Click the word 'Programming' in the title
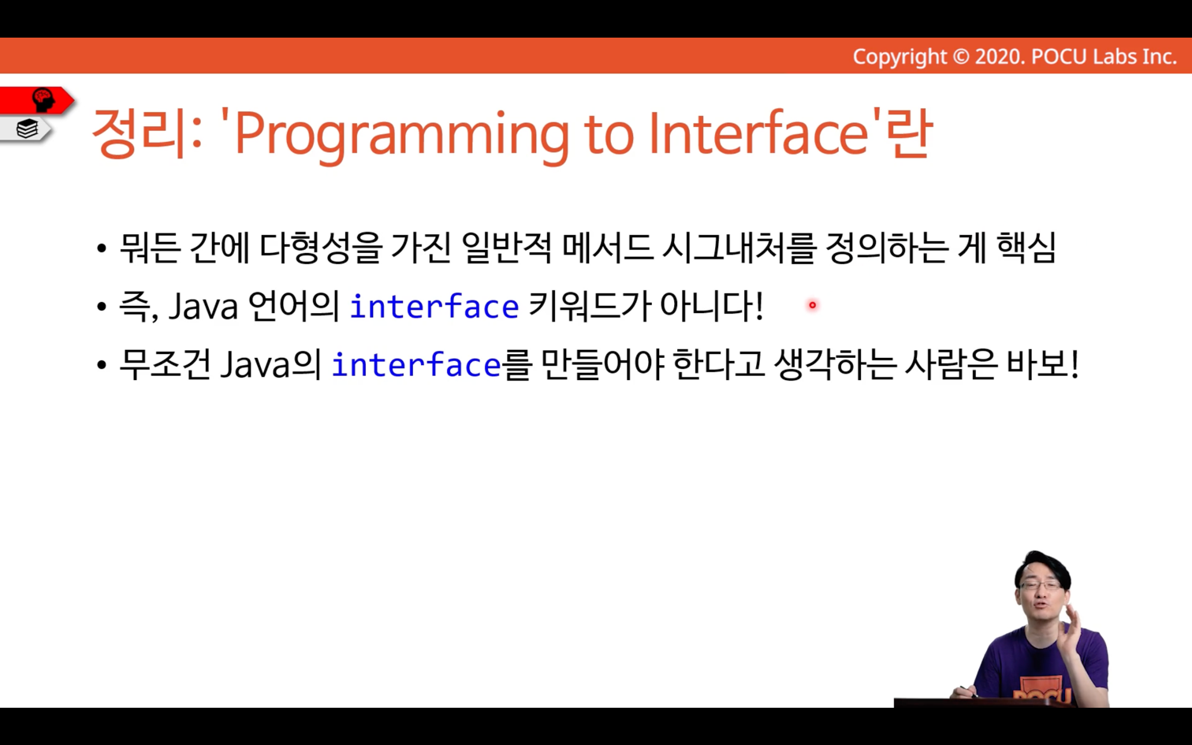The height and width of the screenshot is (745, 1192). (402, 135)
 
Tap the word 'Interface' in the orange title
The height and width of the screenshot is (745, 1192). (759, 132)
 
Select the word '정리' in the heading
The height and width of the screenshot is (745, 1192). (140, 133)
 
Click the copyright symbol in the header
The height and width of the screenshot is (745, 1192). (960, 57)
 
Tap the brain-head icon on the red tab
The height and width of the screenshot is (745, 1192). (43, 99)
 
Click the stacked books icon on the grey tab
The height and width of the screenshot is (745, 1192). (27, 129)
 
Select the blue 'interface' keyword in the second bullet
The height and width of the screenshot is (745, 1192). (434, 306)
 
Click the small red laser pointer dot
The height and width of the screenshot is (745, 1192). (812, 305)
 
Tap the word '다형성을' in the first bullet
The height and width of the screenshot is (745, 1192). (321, 248)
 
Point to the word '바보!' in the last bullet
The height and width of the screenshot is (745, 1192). (1042, 364)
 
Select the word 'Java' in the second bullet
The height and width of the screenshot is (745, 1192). (203, 307)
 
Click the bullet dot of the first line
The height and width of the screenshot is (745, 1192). (102, 249)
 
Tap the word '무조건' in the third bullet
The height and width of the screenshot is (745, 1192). (165, 364)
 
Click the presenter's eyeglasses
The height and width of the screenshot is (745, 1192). (1040, 585)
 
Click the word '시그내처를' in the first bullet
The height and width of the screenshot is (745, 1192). (739, 248)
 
